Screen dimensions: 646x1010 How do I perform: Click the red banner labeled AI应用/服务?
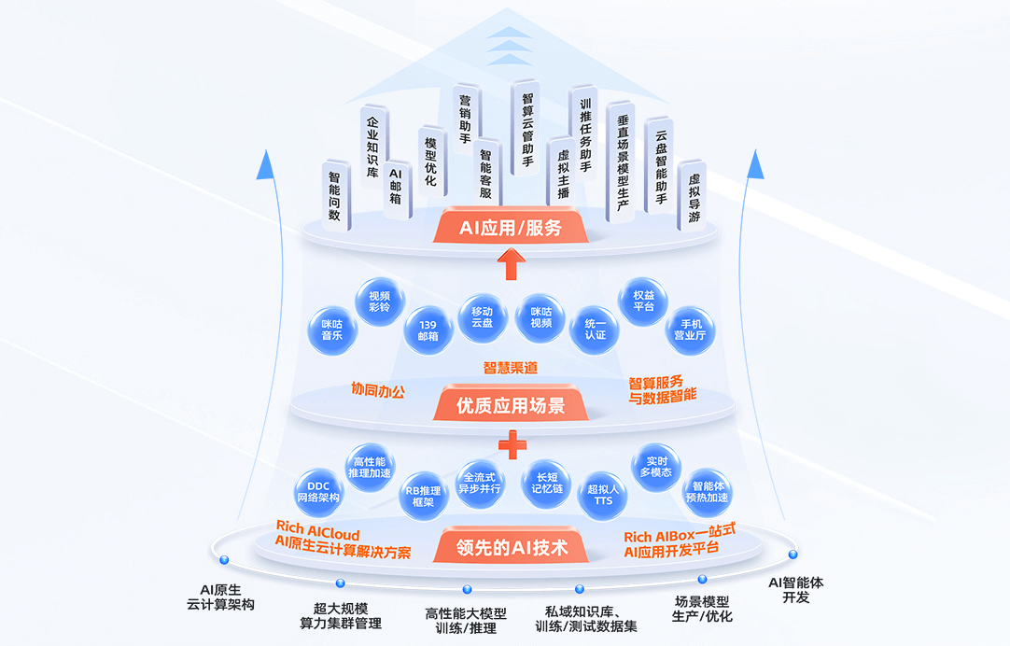click(510, 227)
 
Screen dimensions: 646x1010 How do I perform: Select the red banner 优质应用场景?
click(510, 406)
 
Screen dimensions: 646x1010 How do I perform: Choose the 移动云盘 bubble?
click(482, 317)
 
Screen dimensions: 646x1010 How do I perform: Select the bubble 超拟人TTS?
click(603, 495)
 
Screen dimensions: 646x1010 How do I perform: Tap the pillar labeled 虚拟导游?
click(693, 196)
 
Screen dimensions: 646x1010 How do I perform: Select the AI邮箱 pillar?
click(396, 187)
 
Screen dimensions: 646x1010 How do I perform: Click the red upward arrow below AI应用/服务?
click(510, 264)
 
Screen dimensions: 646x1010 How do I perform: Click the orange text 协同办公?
click(378, 389)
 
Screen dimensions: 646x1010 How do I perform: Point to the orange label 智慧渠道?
click(510, 368)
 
